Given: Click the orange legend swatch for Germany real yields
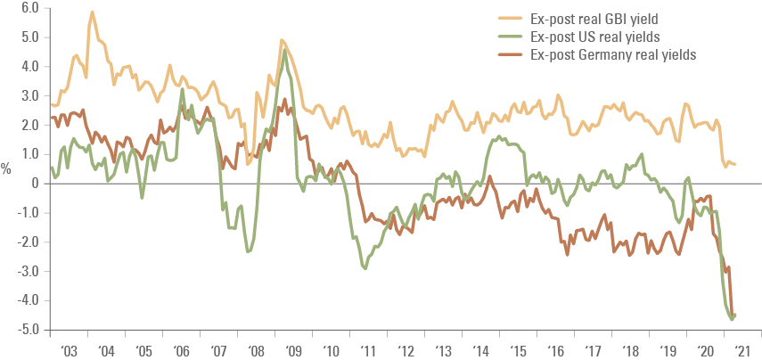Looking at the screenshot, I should (x=512, y=54).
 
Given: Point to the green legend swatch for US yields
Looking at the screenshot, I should (x=512, y=37).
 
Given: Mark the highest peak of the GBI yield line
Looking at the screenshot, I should (x=93, y=12).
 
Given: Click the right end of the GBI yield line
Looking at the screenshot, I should (x=735, y=164).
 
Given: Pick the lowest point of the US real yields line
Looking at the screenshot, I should (x=733, y=318).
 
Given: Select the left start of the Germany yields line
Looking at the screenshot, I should (x=52, y=117).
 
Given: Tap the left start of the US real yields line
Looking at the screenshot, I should (x=52, y=167).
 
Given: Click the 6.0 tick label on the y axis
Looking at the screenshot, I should (x=30, y=8).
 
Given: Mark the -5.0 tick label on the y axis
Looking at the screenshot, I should (x=29, y=330).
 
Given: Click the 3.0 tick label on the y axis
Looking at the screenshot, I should (x=30, y=95).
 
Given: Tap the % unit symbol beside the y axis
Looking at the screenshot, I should (x=7, y=169).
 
